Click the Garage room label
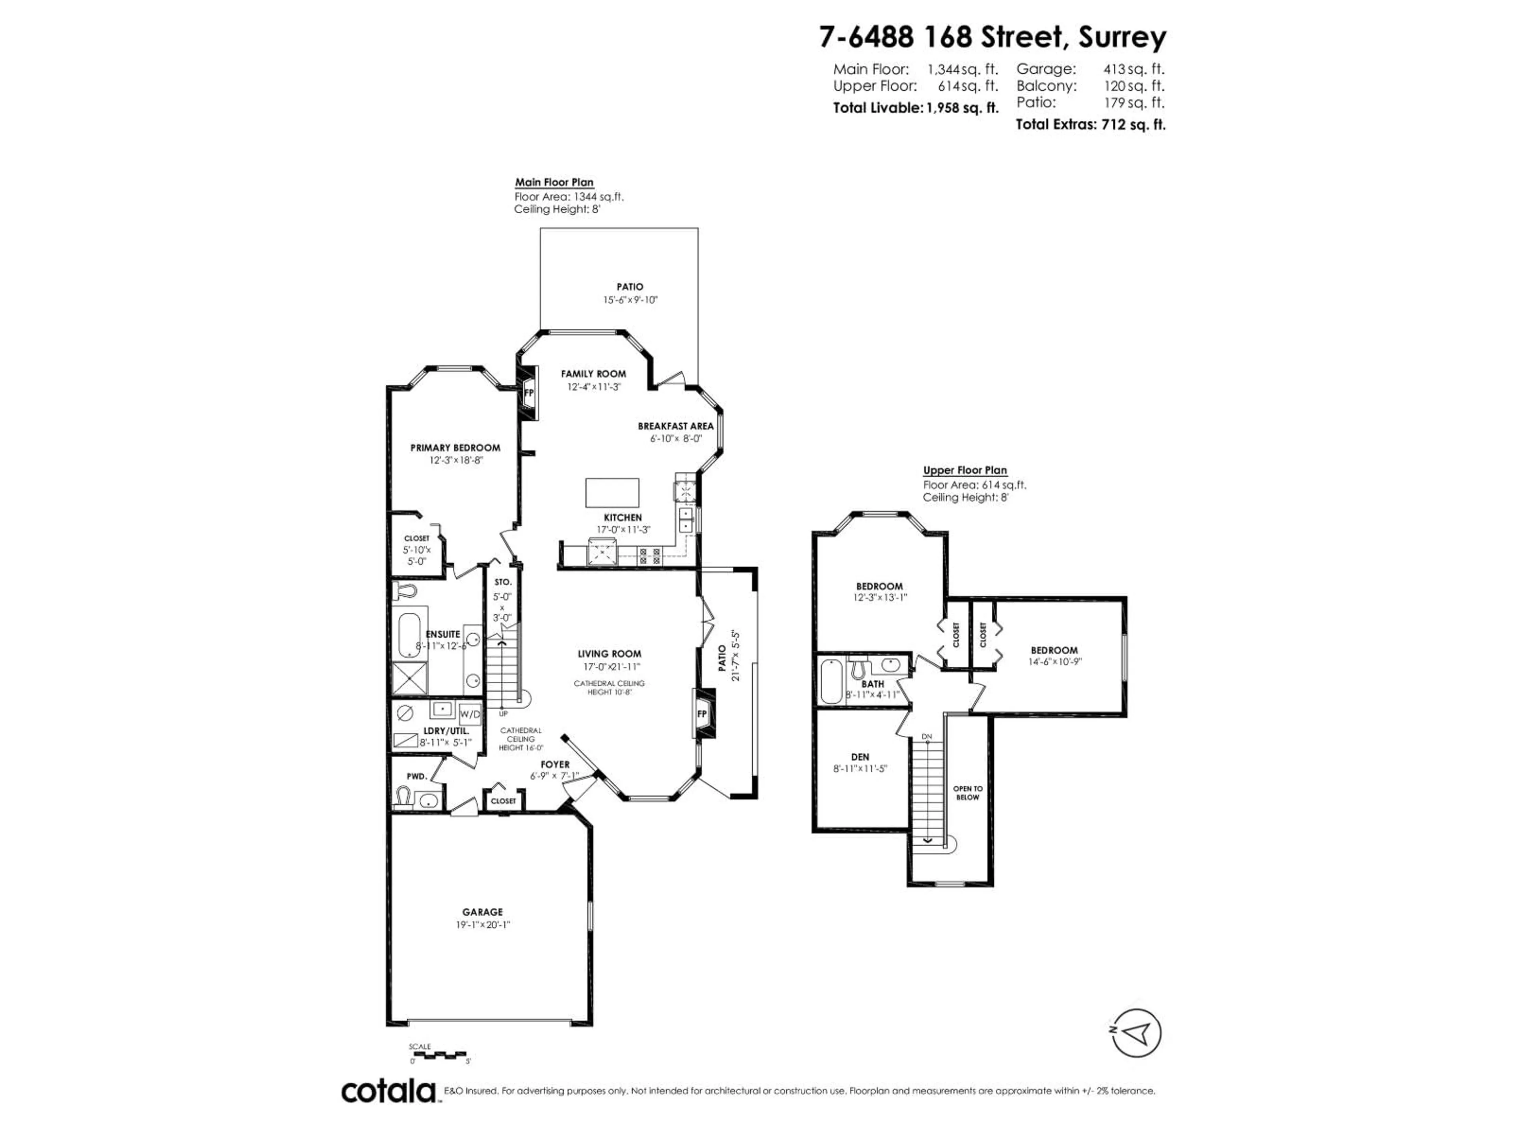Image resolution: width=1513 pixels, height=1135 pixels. point(482,912)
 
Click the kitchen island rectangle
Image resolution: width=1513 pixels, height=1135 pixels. point(612,493)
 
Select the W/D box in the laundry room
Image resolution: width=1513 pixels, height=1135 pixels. point(470,714)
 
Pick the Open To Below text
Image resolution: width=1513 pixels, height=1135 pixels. point(967,793)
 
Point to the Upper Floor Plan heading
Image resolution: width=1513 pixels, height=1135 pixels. point(965,471)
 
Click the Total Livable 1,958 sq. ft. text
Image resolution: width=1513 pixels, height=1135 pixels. point(915,108)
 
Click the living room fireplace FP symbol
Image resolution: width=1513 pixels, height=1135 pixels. point(702,714)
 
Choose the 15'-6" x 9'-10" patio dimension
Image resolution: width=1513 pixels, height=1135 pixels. point(630,300)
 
